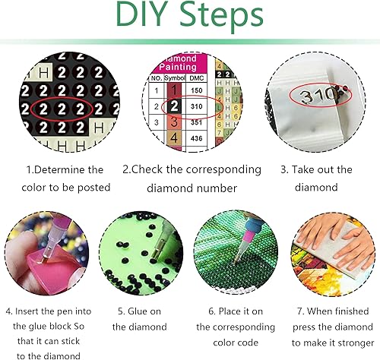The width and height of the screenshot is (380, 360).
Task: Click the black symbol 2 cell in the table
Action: (x=173, y=106)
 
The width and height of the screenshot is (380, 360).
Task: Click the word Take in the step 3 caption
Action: (x=308, y=169)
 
